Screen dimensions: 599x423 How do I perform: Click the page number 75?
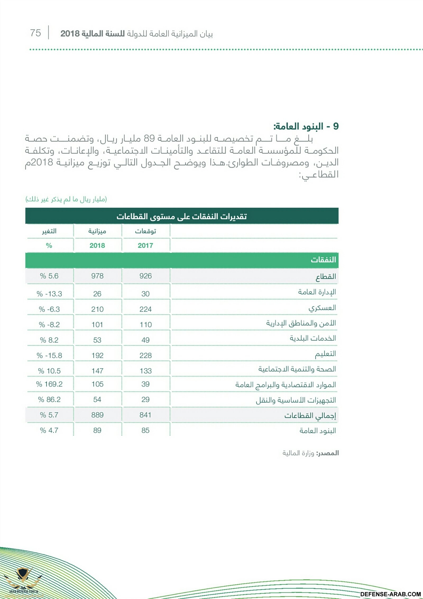pyautogui.click(x=35, y=33)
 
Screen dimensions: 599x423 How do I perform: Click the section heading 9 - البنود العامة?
pyautogui.click(x=306, y=126)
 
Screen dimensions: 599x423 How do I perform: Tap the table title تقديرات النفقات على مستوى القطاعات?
pyautogui.click(x=182, y=216)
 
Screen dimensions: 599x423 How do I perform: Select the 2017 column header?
pyautogui.click(x=145, y=245)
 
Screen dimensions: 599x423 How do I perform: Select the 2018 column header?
pyautogui.click(x=97, y=245)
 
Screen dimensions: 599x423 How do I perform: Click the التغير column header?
pyautogui.click(x=49, y=231)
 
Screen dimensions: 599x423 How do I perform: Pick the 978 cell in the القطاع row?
pyautogui.click(x=97, y=276)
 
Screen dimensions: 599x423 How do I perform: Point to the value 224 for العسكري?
pyautogui.click(x=145, y=309)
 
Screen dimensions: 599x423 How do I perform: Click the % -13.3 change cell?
pyautogui.click(x=49, y=294)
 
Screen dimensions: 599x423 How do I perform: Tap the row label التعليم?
pyautogui.click(x=325, y=354)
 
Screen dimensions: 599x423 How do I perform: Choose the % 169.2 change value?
pyautogui.click(x=49, y=384)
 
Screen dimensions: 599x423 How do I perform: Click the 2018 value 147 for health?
pyautogui.click(x=97, y=371)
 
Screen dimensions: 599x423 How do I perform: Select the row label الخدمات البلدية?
pyautogui.click(x=313, y=338)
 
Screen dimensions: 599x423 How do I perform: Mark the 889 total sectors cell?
pyautogui.click(x=97, y=415)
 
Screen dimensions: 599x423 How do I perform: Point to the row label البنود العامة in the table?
pyautogui.click(x=318, y=431)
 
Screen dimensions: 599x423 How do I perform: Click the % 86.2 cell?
pyautogui.click(x=49, y=399)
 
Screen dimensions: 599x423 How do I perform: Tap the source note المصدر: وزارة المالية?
pyautogui.click(x=310, y=453)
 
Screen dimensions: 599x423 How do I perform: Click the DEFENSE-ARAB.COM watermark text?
pyautogui.click(x=390, y=594)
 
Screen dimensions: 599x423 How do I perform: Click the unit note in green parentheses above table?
pyautogui.click(x=66, y=199)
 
